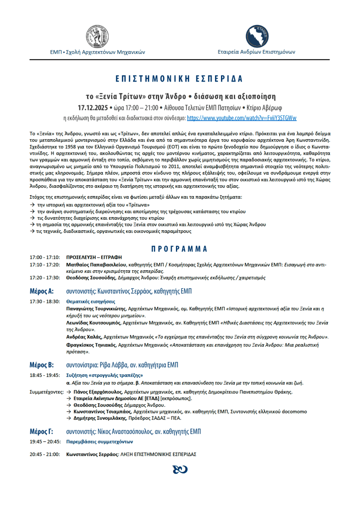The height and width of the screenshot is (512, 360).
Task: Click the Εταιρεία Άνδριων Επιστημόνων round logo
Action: [257, 35]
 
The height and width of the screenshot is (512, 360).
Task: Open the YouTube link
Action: [241, 118]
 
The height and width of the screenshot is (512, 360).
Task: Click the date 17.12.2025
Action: [94, 108]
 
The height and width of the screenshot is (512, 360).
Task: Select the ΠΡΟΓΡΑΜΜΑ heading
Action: [179, 248]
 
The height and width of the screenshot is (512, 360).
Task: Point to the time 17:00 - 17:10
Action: [44, 257]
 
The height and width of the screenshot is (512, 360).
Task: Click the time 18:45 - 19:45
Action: [44, 375]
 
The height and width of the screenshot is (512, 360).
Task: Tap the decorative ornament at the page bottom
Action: [179, 469]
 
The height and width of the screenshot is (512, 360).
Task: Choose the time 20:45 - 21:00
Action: [44, 454]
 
